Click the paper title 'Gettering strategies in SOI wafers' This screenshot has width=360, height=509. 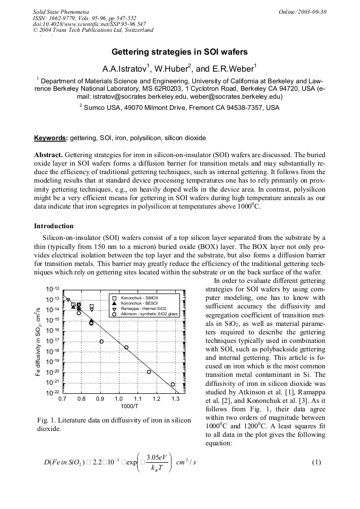pos(179,53)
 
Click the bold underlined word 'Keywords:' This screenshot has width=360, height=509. pos(51,138)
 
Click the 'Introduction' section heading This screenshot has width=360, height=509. pos(54,226)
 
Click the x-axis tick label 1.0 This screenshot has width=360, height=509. pos(118,398)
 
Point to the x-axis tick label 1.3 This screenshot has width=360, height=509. pos(175,398)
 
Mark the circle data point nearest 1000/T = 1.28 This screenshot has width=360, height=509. pos(173,384)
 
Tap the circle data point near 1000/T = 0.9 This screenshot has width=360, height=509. pos(101,341)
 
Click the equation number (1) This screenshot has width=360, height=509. pos(316,462)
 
